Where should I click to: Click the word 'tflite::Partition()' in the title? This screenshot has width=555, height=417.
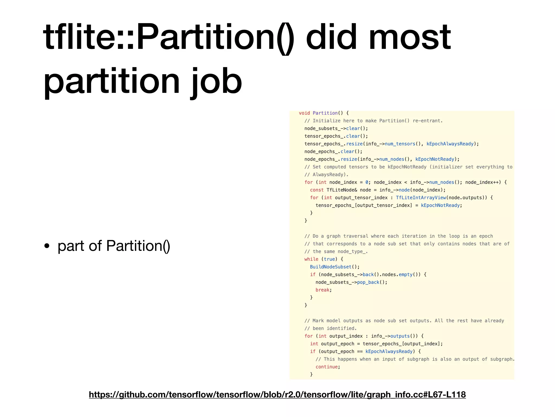pos(168,37)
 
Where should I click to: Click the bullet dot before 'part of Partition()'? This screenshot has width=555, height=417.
pos(47,246)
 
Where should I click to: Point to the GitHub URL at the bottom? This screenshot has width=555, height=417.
pos(277,394)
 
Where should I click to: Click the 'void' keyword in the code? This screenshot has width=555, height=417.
pos(304,113)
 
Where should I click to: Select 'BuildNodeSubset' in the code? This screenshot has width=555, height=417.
pos(331,267)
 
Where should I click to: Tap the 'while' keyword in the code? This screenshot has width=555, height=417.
pos(311,259)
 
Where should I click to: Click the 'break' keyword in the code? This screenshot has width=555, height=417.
pos(322,290)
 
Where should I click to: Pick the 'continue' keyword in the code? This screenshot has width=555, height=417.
pos(327,367)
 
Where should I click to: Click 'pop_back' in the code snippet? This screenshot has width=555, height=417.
pos(368,282)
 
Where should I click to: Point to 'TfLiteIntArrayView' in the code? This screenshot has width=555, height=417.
pos(421,198)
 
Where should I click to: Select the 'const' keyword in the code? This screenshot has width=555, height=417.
pos(317,190)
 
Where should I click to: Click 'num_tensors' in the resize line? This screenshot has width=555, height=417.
pos(400,144)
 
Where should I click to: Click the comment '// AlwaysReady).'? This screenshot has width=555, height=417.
pos(326,175)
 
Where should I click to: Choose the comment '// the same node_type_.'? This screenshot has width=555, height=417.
pos(336,252)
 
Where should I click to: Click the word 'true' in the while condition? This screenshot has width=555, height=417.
pos(330,259)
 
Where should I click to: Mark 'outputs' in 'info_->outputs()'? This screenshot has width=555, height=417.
pos(400,336)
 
